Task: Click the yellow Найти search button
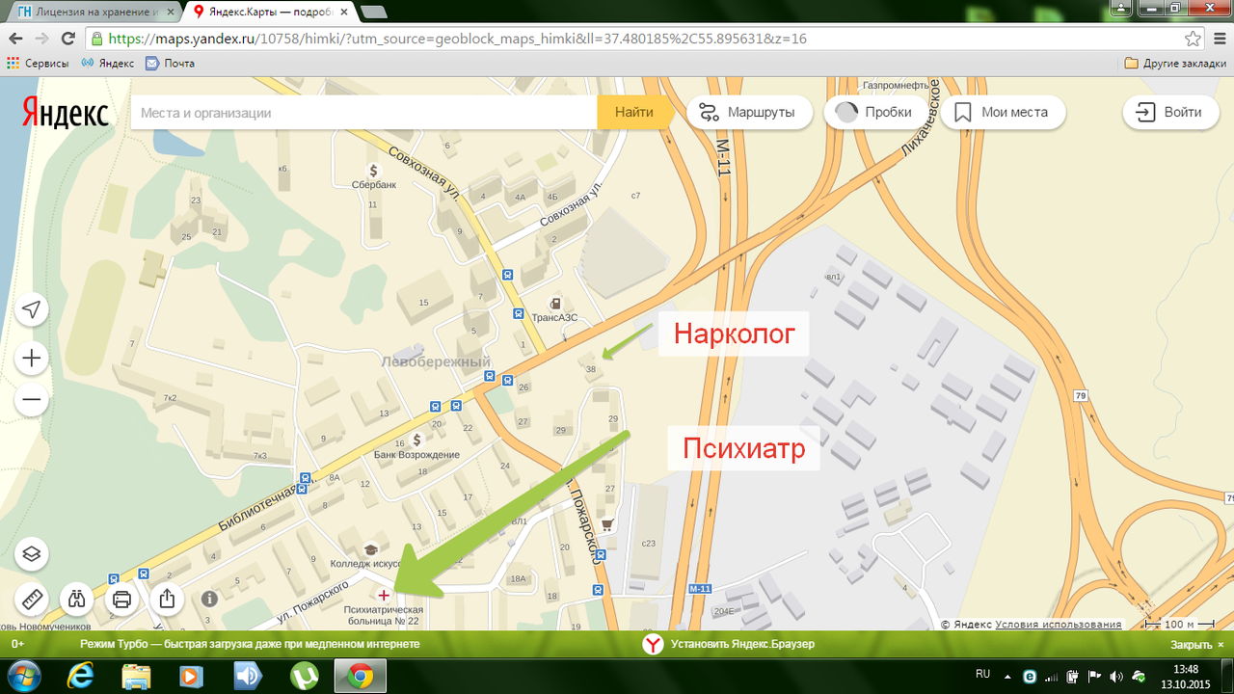click(633, 113)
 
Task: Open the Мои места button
click(1002, 113)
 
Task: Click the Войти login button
click(1168, 113)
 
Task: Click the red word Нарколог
click(735, 334)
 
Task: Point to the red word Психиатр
click(743, 448)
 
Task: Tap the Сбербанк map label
click(374, 184)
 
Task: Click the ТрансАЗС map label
click(555, 316)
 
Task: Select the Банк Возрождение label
click(416, 454)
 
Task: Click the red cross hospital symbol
click(384, 595)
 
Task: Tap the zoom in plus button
click(32, 359)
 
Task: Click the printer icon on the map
click(121, 599)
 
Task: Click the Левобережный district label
click(436, 362)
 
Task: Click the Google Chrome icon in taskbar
click(361, 676)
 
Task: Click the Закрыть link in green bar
click(1192, 645)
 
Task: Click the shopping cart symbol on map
click(607, 524)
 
